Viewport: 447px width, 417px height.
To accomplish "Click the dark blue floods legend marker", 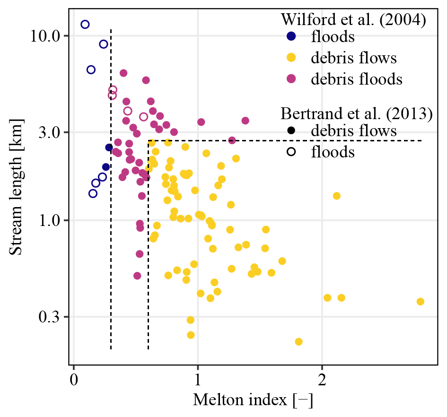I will [291, 36].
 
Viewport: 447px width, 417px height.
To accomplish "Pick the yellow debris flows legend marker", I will [291, 58].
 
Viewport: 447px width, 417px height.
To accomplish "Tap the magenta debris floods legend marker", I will [291, 79].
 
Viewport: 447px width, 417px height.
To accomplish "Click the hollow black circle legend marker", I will [291, 152].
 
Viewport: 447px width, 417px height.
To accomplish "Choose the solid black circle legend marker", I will [291, 130].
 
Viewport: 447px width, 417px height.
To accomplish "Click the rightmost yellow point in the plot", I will [420, 302].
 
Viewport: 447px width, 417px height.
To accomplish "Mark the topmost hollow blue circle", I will [85, 24].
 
